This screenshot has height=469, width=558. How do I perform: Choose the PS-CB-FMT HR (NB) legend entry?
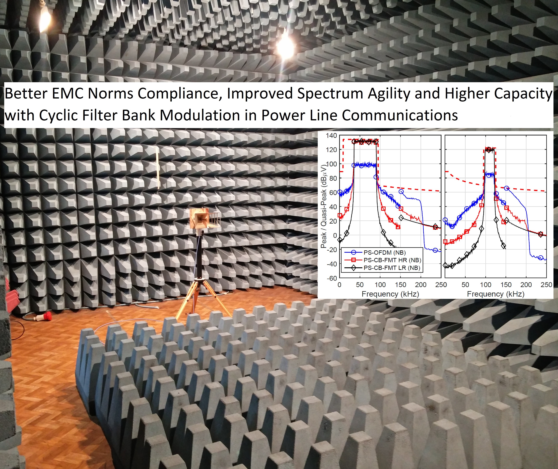coord(392,260)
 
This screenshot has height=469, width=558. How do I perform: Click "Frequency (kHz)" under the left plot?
coord(390,294)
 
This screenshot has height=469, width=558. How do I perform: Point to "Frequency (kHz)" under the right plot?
coord(496,294)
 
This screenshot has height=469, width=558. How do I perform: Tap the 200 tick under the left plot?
coord(421,285)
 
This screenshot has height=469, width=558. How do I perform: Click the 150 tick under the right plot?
coord(506,285)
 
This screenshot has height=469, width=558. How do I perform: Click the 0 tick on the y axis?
coord(335,235)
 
